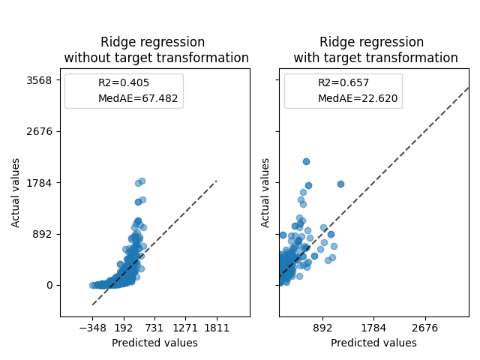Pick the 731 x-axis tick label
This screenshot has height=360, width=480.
coord(154,328)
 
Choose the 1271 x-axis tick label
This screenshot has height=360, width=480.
coord(185,328)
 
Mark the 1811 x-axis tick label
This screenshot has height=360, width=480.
coord(217,328)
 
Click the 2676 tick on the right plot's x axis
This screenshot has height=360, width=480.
coord(425,328)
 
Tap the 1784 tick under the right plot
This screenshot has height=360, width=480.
coord(373,328)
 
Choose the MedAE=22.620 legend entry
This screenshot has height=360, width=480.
coord(358,98)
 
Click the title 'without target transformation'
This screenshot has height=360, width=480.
coord(156,58)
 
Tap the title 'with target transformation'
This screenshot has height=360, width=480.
coord(375,58)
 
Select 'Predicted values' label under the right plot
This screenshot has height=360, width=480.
coord(373,343)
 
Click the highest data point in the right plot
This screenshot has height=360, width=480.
coord(306,161)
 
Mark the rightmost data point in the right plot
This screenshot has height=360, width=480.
coord(340,184)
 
